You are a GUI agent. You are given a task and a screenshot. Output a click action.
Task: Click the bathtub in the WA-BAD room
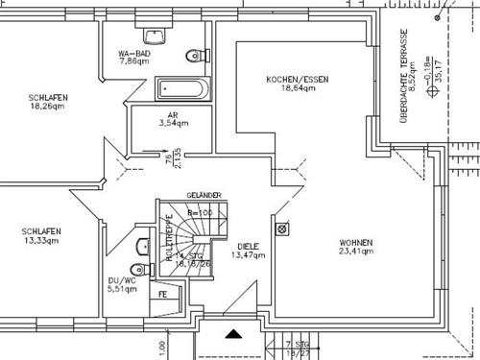pos(181,89)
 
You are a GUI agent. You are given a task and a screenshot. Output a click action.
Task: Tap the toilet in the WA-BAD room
pos(198,54)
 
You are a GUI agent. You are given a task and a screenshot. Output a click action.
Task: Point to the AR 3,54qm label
pos(173,118)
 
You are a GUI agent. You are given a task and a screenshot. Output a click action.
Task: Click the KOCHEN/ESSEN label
pos(298,83)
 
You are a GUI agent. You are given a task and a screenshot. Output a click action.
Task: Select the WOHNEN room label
pos(355,248)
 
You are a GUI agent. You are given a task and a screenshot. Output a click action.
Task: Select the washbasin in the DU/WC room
pos(142,243)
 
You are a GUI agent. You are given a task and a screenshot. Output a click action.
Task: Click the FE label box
pos(163,295)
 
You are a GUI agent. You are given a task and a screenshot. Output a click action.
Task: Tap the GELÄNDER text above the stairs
pos(204,195)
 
